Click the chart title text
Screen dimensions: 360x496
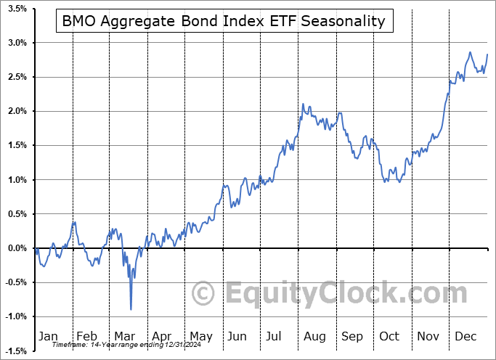(224, 21)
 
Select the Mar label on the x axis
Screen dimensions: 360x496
(124, 336)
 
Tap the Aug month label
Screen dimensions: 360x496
(314, 336)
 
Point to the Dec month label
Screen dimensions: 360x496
(465, 336)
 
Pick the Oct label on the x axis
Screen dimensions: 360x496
(389, 336)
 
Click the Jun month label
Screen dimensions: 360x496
(237, 336)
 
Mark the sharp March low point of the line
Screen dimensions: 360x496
(131, 309)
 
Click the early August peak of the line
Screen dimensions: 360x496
(302, 105)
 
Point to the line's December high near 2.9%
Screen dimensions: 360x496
(470, 52)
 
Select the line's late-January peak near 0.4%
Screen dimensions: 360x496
(74, 221)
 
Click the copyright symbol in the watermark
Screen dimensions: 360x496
(203, 294)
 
